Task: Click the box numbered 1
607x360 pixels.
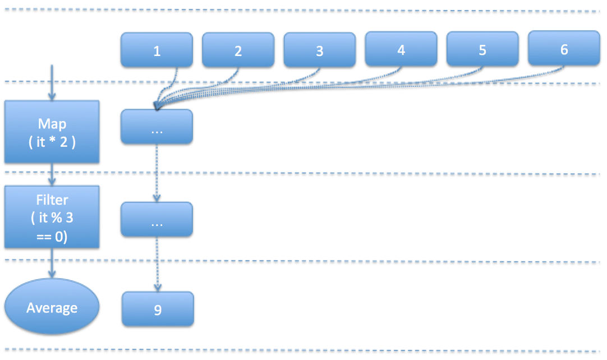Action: coord(157,50)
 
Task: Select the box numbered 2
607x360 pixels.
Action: coord(238,50)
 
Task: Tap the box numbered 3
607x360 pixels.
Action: coord(319,50)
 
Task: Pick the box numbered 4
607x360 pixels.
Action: coord(401,49)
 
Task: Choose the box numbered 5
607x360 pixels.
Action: coord(482,49)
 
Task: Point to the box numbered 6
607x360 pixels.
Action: coord(564,49)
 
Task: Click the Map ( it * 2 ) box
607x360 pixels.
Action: coord(52,131)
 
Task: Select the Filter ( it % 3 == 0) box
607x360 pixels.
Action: coord(52,217)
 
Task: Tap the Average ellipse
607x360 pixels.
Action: coord(52,307)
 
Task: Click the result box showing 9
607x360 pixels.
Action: coord(158,308)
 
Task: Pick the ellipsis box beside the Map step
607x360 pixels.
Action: coord(157,127)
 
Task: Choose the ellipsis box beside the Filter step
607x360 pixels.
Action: coord(157,219)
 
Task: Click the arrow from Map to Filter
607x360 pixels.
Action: coord(52,174)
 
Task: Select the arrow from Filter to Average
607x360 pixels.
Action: coord(52,263)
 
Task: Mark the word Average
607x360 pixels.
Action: coord(52,307)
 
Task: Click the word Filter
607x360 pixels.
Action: coord(52,199)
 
